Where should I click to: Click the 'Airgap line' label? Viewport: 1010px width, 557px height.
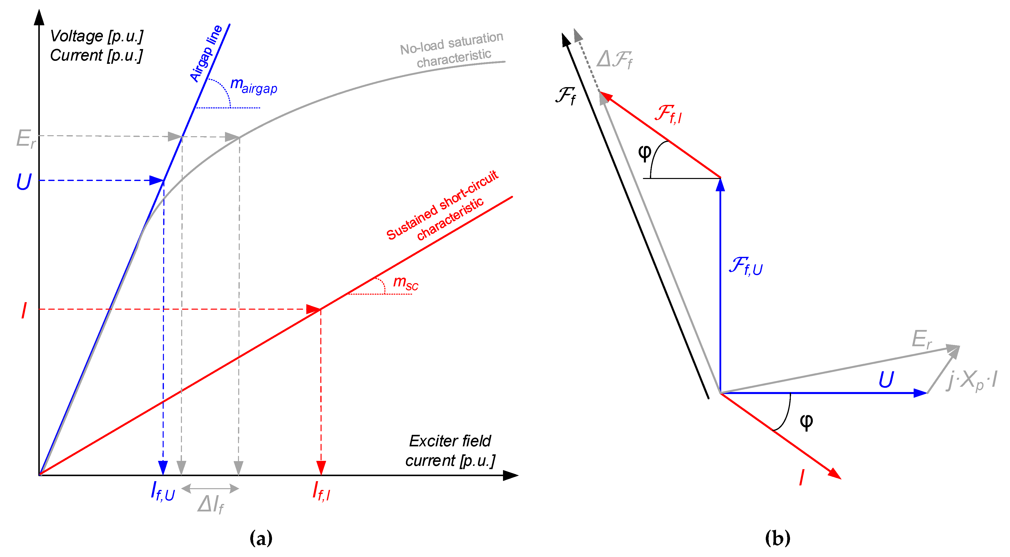click(206, 53)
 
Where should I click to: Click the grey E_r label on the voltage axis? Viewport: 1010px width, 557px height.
click(25, 139)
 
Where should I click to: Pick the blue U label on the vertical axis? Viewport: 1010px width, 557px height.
click(24, 181)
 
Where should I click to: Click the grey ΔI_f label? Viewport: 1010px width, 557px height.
click(210, 504)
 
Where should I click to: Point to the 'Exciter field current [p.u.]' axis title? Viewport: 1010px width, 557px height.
click(450, 451)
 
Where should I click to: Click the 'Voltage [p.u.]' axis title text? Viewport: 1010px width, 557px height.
click(96, 36)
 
